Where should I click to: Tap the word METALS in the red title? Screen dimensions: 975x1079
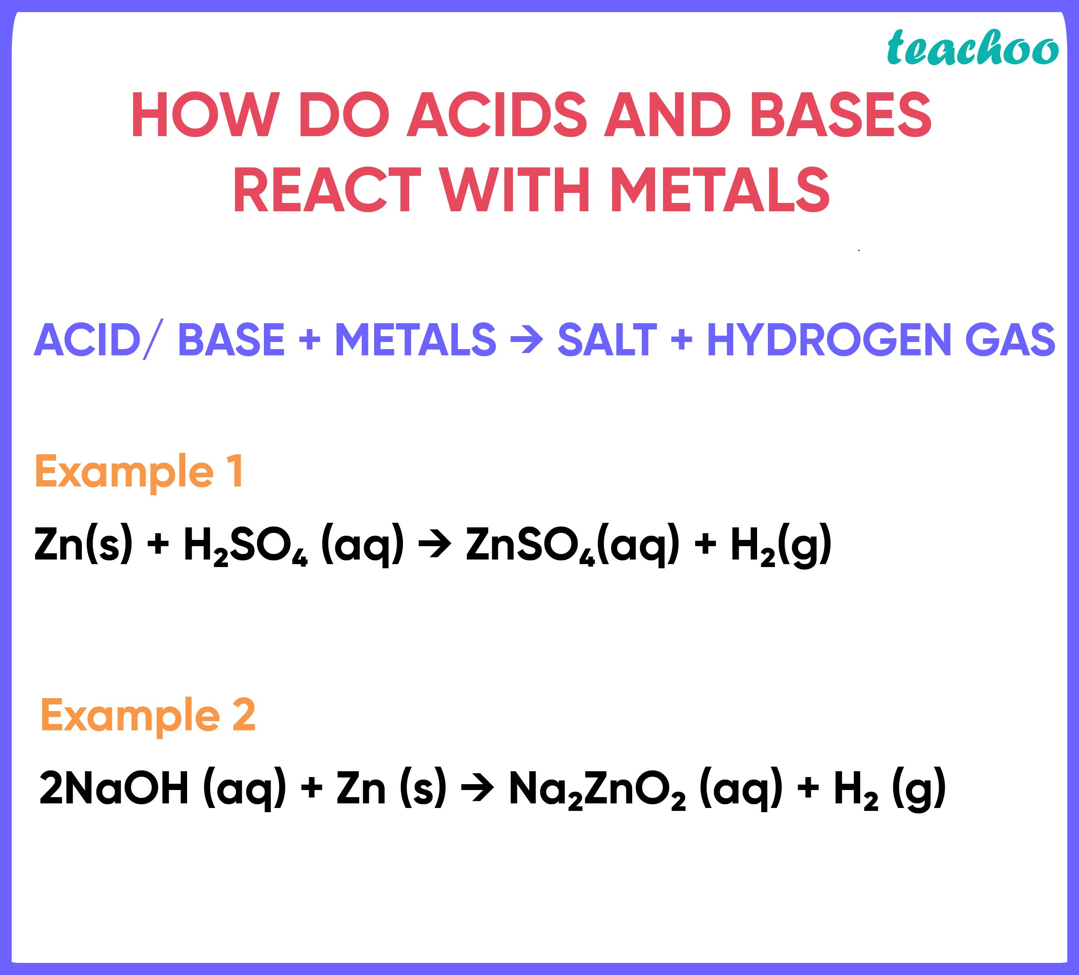[720, 190]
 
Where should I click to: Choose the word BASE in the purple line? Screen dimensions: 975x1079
[231, 340]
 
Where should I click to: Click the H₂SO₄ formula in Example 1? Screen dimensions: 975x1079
[246, 545]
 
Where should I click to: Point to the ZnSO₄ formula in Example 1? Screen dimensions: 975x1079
[530, 545]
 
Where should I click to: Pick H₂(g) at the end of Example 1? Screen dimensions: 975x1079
[781, 545]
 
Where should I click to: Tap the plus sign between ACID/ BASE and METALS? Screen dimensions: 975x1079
[310, 340]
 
